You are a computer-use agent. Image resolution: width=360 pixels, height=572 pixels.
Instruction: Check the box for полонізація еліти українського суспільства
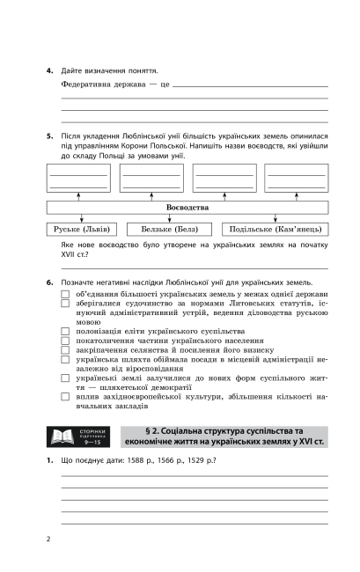tap(66, 331)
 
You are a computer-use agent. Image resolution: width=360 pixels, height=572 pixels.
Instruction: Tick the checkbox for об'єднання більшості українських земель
tap(66, 292)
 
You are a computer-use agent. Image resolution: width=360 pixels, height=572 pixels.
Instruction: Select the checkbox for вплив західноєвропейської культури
tap(66, 397)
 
